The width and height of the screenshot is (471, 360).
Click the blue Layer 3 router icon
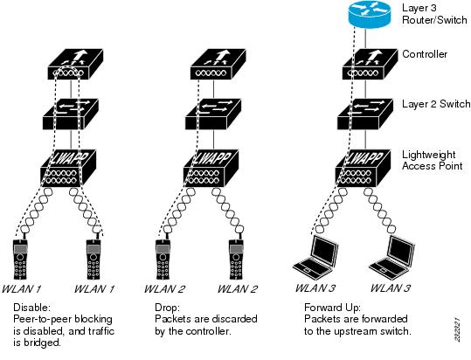[370, 14]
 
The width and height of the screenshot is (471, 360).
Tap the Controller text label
[425, 54]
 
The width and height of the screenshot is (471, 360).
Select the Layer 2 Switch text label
[436, 104]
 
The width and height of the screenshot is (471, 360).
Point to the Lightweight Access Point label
[433, 160]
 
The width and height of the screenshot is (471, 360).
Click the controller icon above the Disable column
[75, 65]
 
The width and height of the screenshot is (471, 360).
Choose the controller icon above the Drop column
[218, 65]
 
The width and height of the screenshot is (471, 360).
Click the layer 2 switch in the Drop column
[213, 114]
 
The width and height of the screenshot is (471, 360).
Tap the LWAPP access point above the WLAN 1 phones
[68, 168]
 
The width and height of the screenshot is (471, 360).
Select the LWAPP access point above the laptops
[364, 168]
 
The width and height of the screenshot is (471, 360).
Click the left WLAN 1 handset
[20, 260]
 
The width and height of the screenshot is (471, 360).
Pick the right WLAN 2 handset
[236, 260]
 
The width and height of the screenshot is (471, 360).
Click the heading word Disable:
[31, 308]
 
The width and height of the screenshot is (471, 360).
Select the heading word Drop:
[167, 308]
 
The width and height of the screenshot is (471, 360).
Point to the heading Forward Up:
[333, 308]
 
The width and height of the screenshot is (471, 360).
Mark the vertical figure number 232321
[457, 329]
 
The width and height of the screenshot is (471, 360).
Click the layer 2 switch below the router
[365, 114]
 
